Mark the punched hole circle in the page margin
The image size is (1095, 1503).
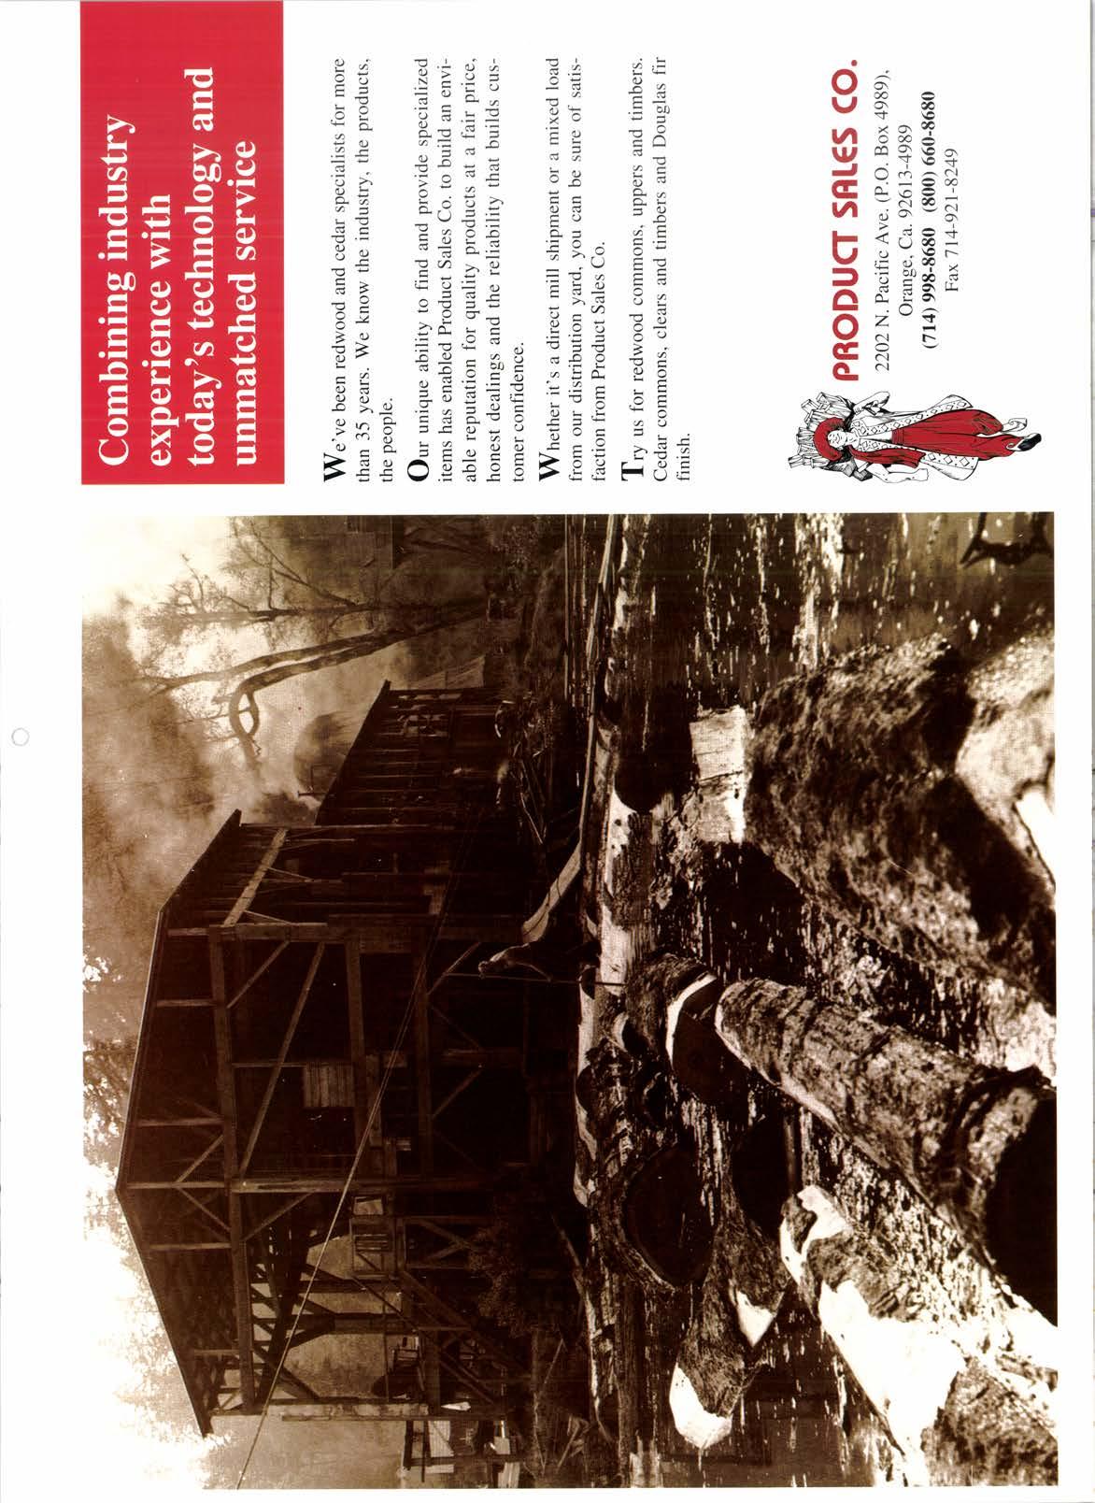[21, 734]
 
